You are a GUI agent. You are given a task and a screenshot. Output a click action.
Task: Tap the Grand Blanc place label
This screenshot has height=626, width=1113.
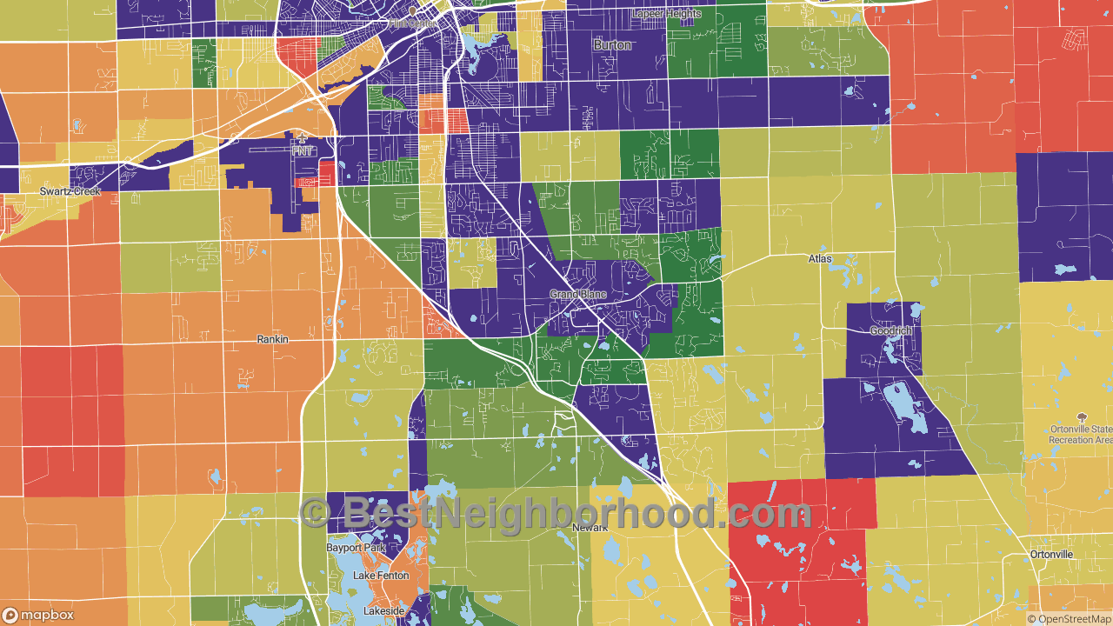pos(578,295)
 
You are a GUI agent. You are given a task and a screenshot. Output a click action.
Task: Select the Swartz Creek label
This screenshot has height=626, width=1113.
pos(70,191)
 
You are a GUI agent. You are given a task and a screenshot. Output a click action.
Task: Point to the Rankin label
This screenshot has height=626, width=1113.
pos(272,339)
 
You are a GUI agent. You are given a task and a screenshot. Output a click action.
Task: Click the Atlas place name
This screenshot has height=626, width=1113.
pos(820,259)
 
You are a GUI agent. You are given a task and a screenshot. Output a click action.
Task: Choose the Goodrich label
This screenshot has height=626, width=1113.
pos(891,331)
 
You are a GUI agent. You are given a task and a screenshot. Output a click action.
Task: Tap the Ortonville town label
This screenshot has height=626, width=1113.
pos(1051,555)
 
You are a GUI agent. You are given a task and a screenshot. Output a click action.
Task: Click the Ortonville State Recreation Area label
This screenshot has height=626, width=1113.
pos(1080,435)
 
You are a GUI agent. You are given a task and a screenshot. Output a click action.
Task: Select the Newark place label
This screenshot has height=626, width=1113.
pos(590,528)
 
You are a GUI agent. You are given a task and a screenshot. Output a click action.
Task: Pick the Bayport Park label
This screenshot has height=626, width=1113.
pos(356,549)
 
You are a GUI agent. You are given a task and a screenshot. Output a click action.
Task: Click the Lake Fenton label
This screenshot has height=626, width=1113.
pos(381,576)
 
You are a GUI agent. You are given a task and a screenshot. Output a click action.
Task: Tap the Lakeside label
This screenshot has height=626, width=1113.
pos(383,611)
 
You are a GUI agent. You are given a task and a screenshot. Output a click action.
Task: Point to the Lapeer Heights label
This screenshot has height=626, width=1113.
pos(667,14)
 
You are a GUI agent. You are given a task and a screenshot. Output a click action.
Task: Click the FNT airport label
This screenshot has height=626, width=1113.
pos(302,150)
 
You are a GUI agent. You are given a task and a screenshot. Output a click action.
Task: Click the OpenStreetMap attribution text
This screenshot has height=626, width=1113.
pos(1069,619)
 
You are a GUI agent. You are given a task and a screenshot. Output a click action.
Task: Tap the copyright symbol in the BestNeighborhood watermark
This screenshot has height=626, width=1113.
pos(315,513)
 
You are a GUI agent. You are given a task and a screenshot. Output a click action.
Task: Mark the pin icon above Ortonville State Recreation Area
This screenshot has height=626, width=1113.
pos(1082,418)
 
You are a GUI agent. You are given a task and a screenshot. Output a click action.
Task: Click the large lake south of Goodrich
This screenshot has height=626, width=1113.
pos(898,401)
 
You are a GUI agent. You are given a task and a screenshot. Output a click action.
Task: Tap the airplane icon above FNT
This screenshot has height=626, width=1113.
pos(302,137)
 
